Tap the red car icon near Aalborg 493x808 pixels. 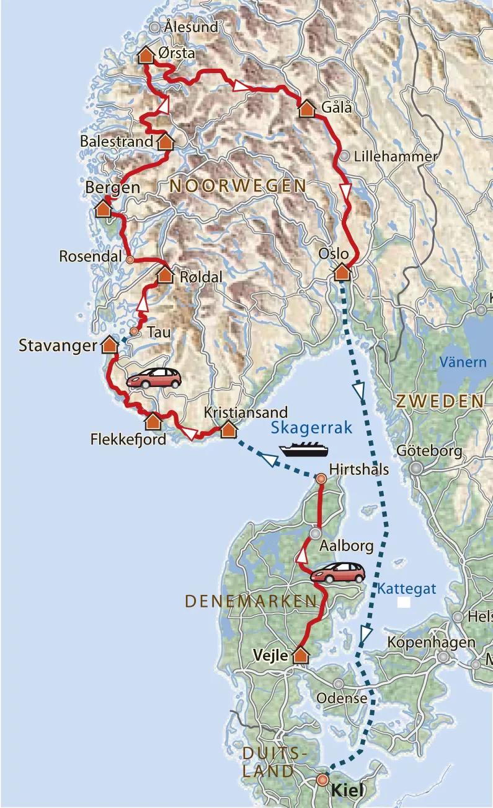[337, 572]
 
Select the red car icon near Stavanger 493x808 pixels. [154, 378]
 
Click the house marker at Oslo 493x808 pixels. [342, 272]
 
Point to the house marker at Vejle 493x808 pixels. [301, 655]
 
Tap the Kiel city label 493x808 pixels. [345, 790]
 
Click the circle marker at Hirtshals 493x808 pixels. [321, 478]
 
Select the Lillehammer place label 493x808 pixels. [395, 157]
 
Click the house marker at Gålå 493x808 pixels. [307, 109]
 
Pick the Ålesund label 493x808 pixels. [191, 27]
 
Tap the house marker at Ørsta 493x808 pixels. [145, 55]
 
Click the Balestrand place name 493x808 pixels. [117, 142]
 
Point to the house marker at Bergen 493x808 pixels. [103, 209]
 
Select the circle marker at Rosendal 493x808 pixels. [130, 259]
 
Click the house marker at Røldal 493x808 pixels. [165, 275]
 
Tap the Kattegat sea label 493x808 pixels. [407, 588]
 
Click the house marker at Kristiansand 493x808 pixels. [228, 428]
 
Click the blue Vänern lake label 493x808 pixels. [463, 362]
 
